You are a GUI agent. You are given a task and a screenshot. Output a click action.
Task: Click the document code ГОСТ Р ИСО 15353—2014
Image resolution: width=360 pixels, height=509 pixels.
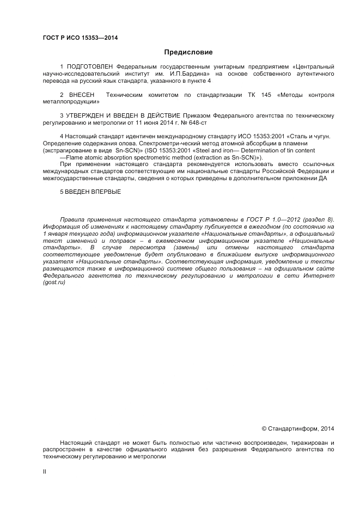(x=80, y=38)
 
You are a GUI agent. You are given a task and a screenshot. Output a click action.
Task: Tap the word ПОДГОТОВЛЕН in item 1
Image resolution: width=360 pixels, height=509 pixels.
(x=91, y=66)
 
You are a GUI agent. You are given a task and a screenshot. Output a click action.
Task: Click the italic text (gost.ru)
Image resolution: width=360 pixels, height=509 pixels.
(x=54, y=283)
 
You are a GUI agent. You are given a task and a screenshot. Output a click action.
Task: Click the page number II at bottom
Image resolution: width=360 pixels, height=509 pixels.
(x=45, y=472)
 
